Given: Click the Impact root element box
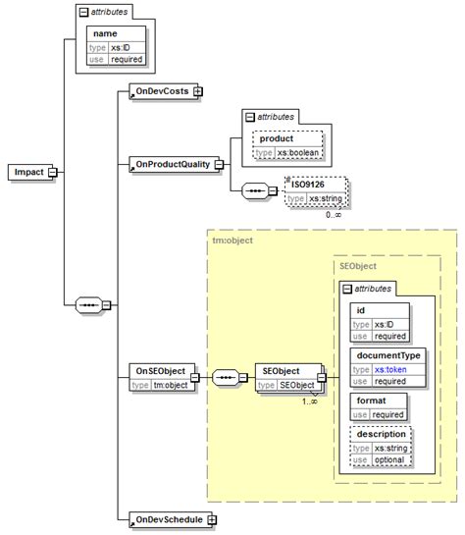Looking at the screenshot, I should pyautogui.click(x=28, y=172).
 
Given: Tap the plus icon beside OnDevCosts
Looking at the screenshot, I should pyautogui.click(x=198, y=90).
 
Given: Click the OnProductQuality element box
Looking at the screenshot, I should pyautogui.click(x=173, y=164).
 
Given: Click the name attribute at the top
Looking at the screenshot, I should pyautogui.click(x=105, y=33).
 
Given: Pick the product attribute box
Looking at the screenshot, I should pyautogui.click(x=276, y=138).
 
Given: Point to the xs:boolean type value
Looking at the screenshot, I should pyautogui.click(x=298, y=152).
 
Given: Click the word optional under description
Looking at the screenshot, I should pyautogui.click(x=389, y=459).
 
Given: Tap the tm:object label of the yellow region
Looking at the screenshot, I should pyautogui.click(x=232, y=239).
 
